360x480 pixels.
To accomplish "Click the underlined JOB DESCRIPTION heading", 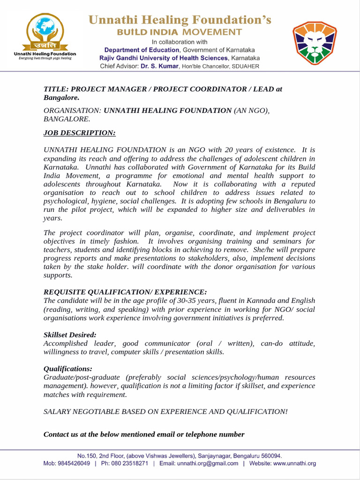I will pyautogui.click(x=79, y=133).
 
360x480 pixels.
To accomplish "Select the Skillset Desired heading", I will pyautogui.click(x=70, y=335).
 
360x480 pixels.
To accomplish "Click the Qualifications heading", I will pyautogui.click(x=68, y=368).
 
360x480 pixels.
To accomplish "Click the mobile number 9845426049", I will pyautogui.click(x=73, y=464).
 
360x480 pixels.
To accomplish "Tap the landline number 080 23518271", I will pyautogui.click(x=127, y=464).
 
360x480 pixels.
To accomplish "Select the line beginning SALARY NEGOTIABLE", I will pyautogui.click(x=165, y=412).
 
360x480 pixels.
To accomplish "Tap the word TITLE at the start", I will pyautogui.click(x=53, y=89).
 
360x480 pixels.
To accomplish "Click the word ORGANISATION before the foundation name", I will pyautogui.click(x=71, y=111).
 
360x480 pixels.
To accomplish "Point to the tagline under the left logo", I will pyautogui.click(x=45, y=59).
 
